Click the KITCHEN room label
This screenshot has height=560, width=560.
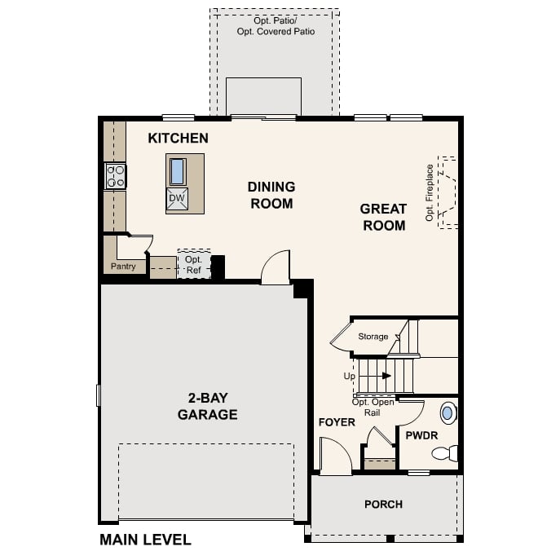click(178, 139)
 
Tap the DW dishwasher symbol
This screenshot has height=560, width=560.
click(177, 198)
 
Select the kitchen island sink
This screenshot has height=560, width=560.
click(177, 171)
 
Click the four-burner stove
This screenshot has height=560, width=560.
click(115, 176)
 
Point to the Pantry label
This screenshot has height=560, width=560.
click(123, 267)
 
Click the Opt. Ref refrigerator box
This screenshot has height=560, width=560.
click(193, 264)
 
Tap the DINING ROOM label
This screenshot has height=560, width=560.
click(271, 195)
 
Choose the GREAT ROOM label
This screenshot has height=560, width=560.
click(383, 217)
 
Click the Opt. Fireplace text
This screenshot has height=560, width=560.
click(430, 193)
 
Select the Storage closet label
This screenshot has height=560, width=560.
click(373, 336)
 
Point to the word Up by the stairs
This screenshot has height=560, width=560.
click(349, 377)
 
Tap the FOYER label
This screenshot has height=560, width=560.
click(337, 422)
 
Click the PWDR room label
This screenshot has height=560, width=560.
click(421, 435)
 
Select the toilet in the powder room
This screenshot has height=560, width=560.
click(446, 453)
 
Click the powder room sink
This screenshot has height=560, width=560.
click(448, 410)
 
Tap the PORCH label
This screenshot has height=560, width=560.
click(383, 505)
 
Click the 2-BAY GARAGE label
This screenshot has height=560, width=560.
click(208, 406)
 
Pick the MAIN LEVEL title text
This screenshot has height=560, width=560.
click(145, 540)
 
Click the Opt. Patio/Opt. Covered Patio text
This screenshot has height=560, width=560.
click(275, 25)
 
